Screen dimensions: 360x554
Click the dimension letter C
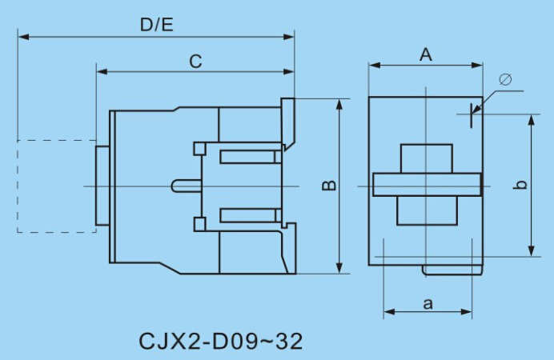pos(195,61)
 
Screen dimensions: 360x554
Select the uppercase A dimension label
pos(426,54)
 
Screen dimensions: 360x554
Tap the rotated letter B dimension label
pos(329,186)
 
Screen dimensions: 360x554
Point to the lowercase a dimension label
pos(428,303)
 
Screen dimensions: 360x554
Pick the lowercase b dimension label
pos(520,185)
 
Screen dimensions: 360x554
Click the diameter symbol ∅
pos(505,80)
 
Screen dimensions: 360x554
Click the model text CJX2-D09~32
pos(221,342)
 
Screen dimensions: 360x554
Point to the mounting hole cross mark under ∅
pos(472,114)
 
